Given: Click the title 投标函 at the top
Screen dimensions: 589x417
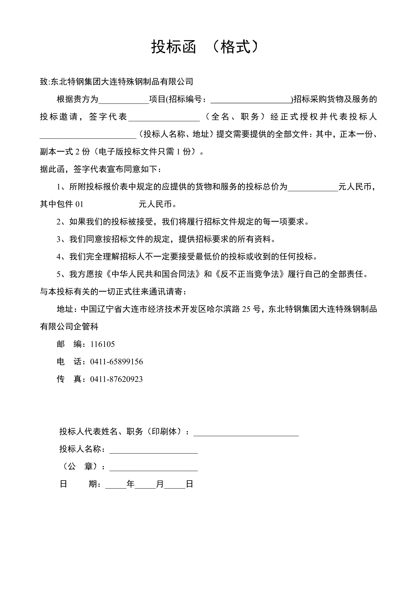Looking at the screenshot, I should pos(174,47).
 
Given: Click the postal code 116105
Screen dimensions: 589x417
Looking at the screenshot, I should pos(103,344).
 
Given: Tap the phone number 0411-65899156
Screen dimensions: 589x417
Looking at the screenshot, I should pos(117,362).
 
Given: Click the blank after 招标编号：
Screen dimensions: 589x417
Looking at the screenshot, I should pos(251,100).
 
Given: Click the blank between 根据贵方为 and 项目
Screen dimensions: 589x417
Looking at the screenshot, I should pos(124,100).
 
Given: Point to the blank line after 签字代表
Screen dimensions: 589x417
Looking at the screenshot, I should pos(164,117).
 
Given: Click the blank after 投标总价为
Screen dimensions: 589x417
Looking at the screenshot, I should pos(313,187).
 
